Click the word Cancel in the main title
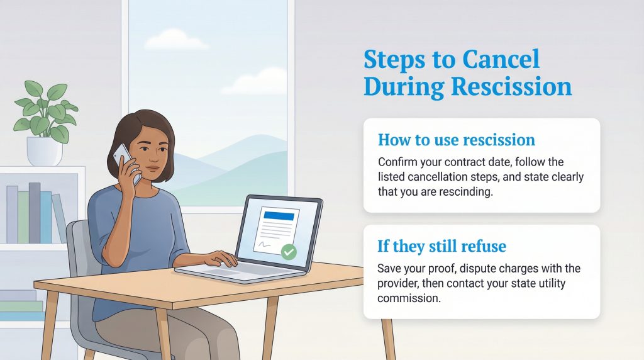point(501,60)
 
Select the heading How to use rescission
point(456,139)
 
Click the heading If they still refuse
point(441,245)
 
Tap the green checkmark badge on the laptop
point(289,252)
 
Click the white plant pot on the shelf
point(44,151)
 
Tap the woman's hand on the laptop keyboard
point(221,259)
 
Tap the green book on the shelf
point(23,217)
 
